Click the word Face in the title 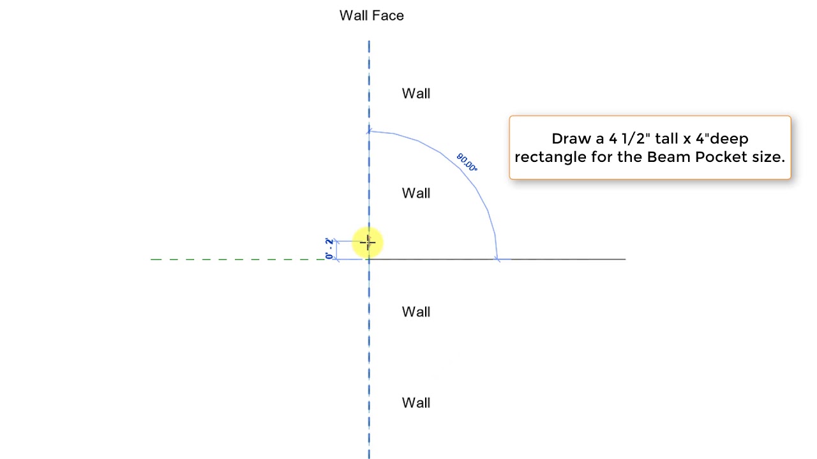click(x=389, y=16)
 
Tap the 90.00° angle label click(x=467, y=162)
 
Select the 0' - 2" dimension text click(x=329, y=249)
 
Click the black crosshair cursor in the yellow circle click(x=368, y=242)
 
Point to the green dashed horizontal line click(x=238, y=259)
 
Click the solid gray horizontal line click(x=497, y=259)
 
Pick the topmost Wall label click(x=416, y=94)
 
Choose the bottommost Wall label click(x=416, y=403)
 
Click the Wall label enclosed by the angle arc click(x=416, y=193)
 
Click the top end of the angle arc click(x=369, y=131)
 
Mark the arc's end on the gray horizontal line click(x=497, y=259)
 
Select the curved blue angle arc click(x=460, y=168)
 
